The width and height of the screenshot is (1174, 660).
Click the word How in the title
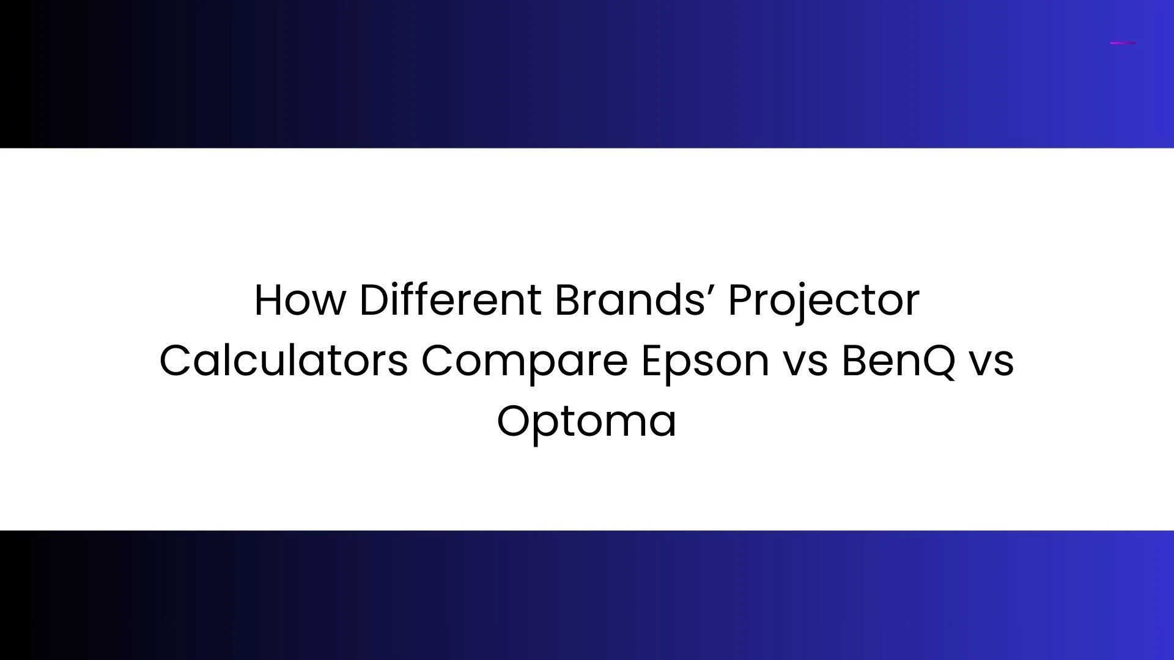[300, 300]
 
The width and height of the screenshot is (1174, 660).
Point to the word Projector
[824, 301]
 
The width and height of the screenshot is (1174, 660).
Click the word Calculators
[283, 360]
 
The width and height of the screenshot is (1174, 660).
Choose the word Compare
[524, 361]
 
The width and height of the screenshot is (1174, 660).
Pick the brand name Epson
[704, 361]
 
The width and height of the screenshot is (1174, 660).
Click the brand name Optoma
[586, 422]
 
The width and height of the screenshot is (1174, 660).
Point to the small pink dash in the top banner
[1123, 43]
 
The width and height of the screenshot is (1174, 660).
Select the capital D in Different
[374, 300]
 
